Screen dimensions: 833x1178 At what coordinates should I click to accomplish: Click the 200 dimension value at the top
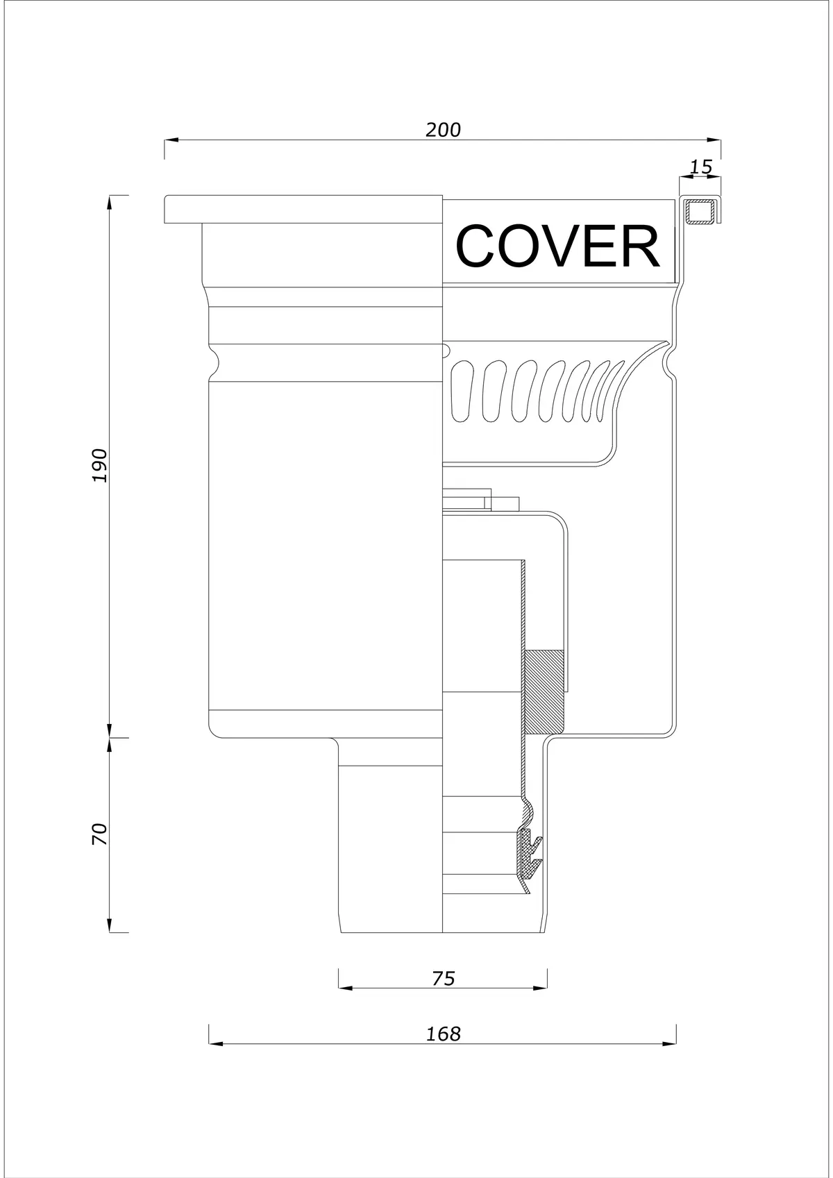coord(443,129)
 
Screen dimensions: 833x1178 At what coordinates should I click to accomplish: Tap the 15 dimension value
coord(700,167)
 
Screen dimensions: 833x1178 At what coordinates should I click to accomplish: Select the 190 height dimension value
coord(100,465)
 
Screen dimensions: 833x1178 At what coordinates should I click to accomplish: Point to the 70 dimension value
coord(100,834)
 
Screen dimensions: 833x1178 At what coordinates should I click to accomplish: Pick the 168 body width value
coord(443,1034)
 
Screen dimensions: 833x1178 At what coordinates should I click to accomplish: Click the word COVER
coord(557,246)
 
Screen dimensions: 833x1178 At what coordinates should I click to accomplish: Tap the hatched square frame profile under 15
coord(702,212)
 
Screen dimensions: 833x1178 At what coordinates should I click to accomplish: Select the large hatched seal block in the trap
coord(544,692)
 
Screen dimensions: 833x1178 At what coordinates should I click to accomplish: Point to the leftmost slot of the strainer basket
coord(463,390)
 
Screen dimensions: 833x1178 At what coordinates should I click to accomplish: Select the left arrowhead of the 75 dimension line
coord(345,988)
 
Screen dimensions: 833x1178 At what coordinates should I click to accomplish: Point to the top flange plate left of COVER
coord(303,209)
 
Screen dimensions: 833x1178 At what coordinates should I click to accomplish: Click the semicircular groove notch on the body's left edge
coord(214,362)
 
